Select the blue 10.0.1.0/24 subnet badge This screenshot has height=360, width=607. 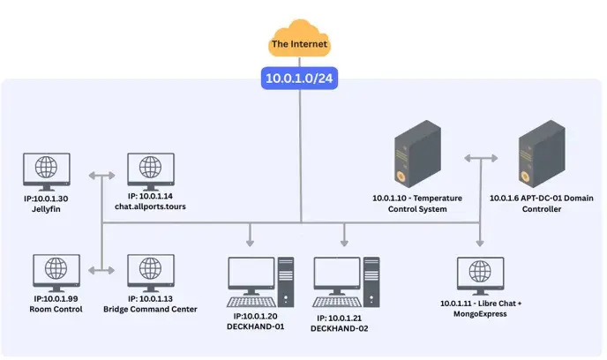coord(300,79)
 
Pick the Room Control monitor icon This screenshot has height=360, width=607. coord(56,274)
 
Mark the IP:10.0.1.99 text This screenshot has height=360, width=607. coord(56,300)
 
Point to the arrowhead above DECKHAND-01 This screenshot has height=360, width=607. coord(251,240)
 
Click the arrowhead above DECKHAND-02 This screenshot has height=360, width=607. coord(345,240)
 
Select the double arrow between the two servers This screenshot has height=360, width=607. coord(480,158)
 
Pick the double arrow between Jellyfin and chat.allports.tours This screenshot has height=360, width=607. coord(104,175)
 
